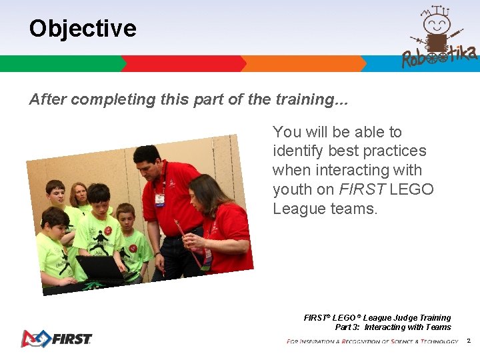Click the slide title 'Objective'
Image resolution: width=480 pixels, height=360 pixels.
[x=83, y=29]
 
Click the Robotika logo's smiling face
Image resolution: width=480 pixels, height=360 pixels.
[x=437, y=25]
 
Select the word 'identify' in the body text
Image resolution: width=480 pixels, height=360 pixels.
[x=298, y=151]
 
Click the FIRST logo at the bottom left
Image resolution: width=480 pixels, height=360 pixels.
[x=56, y=338]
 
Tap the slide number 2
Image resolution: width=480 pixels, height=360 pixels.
[x=468, y=341]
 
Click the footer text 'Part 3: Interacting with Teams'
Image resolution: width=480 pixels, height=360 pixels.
[x=393, y=327]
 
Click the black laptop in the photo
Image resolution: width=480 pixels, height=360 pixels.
[x=99, y=267]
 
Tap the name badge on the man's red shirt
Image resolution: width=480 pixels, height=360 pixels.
[x=159, y=199]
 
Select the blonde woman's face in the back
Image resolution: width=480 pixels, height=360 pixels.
[x=79, y=195]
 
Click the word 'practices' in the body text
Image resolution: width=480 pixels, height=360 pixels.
[x=394, y=151]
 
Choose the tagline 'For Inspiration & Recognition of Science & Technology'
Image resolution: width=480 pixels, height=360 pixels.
[x=372, y=341]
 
